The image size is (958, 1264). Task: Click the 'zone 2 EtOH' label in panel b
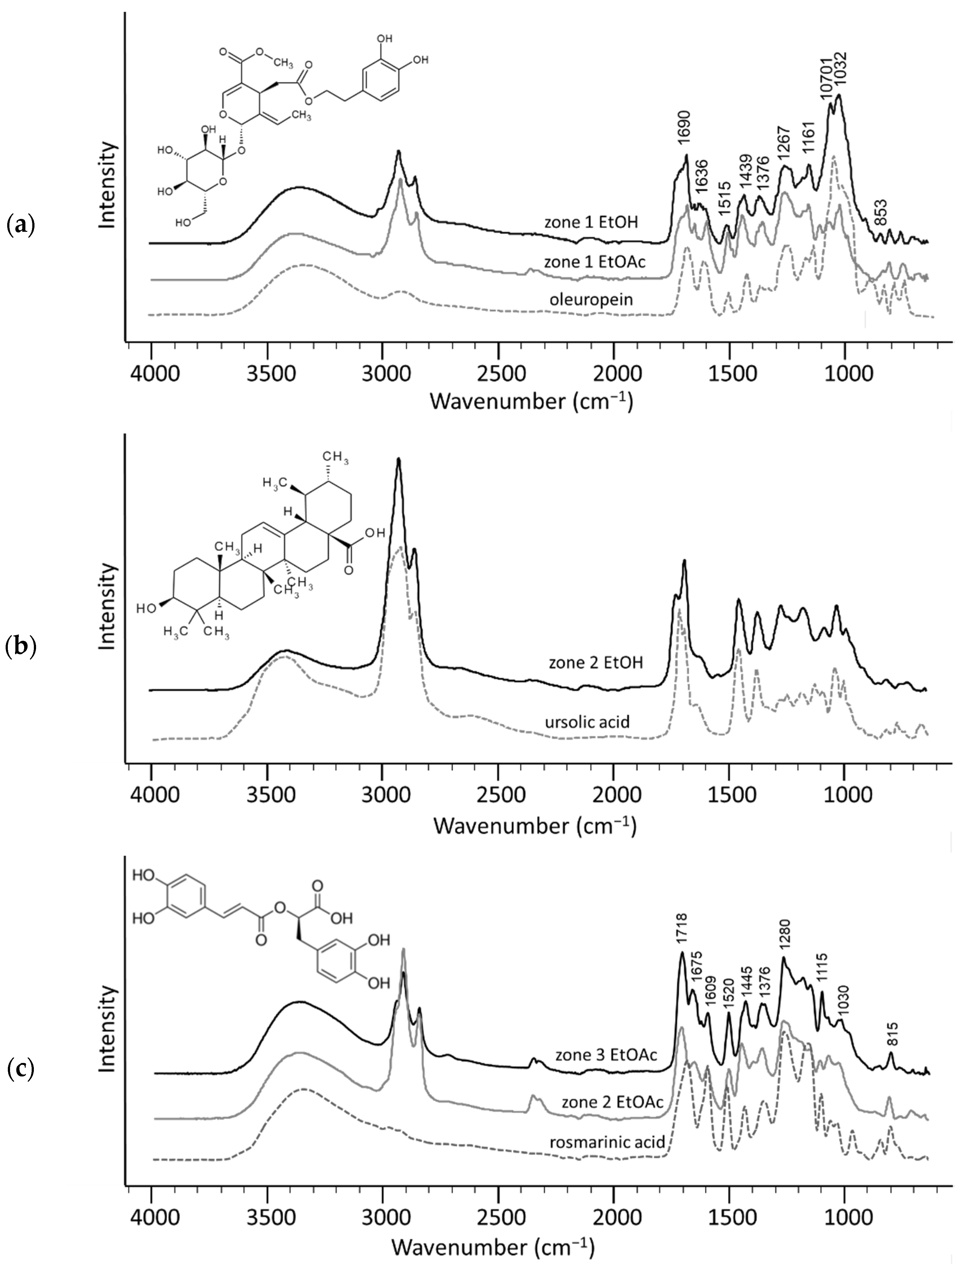pos(596,663)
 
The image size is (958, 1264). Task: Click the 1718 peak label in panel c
pos(682,931)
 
